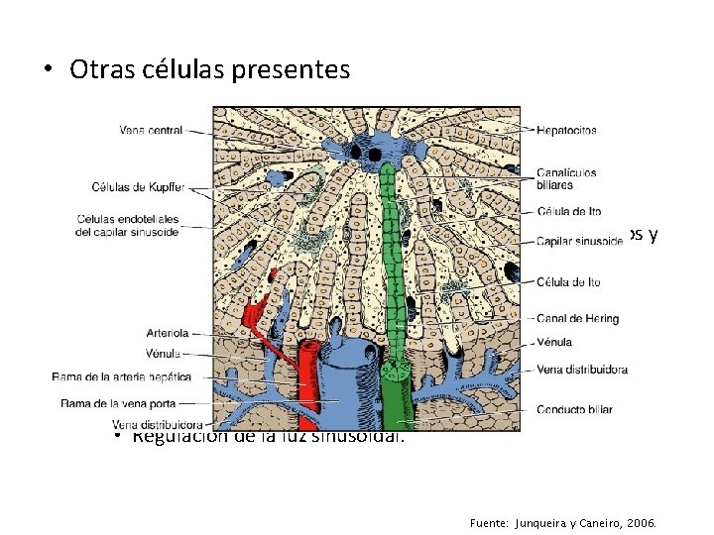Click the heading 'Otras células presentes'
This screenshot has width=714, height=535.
tap(210, 70)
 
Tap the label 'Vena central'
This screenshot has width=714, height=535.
tap(151, 130)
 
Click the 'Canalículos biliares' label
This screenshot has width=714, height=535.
tap(566, 178)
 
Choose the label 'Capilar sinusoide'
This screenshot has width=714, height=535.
tap(579, 241)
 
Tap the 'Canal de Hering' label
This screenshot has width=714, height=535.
tap(577, 319)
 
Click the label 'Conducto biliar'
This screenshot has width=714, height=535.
tap(574, 409)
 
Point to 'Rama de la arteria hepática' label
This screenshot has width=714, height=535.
tap(121, 377)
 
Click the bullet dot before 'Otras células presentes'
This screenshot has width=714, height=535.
tap(48, 71)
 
